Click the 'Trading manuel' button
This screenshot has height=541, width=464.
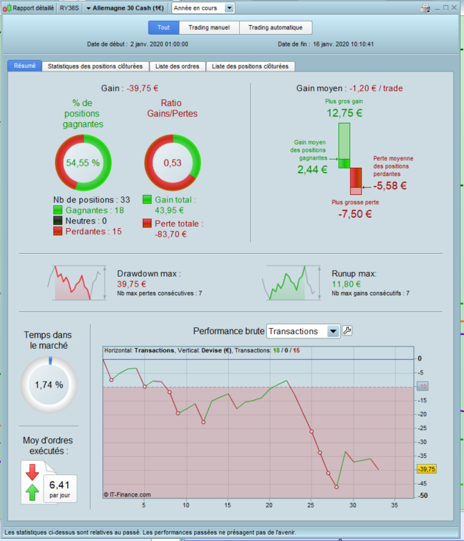click(209, 28)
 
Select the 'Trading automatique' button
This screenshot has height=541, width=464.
click(275, 28)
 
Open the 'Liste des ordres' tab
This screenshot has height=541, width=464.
click(178, 67)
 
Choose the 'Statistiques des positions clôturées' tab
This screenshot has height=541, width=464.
click(95, 67)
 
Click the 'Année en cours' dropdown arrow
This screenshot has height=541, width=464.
click(229, 8)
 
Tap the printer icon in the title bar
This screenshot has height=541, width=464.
click(425, 8)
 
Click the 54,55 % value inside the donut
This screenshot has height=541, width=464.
click(83, 163)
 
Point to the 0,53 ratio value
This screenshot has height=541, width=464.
click(173, 163)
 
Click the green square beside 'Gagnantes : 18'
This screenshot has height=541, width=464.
click(58, 210)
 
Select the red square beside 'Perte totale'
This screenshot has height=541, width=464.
click(147, 223)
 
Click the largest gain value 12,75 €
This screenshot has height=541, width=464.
click(344, 113)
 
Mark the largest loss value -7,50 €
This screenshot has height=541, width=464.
click(355, 214)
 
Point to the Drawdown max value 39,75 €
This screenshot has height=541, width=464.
click(132, 284)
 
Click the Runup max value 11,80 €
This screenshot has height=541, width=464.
click(346, 284)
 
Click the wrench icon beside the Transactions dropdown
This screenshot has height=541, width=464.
click(347, 331)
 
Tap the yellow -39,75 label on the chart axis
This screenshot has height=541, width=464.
click(427, 470)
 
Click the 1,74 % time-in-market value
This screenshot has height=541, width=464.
click(49, 385)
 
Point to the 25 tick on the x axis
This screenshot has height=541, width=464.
click(311, 505)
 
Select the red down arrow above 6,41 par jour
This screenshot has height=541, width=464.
click(32, 472)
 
